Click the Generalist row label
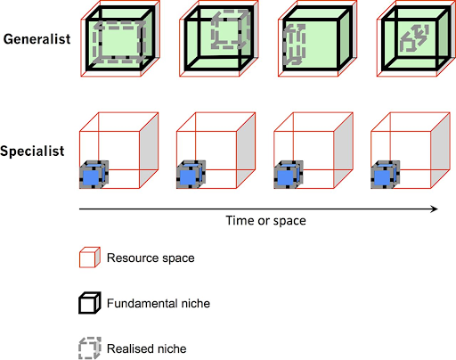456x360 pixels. tap(37, 39)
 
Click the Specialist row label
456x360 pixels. tap(32, 151)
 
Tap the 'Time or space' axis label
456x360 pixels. tap(265, 221)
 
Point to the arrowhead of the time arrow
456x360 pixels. tap(435, 209)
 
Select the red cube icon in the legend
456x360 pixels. tap(90, 258)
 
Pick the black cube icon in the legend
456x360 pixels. tap(90, 303)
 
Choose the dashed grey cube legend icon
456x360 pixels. tap(90, 348)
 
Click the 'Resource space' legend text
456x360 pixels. tap(151, 258)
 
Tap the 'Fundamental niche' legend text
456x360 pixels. tap(159, 303)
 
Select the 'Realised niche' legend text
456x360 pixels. tap(147, 348)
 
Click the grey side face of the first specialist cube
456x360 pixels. tap(149, 151)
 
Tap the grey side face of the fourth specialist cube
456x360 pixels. tap(441, 151)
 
